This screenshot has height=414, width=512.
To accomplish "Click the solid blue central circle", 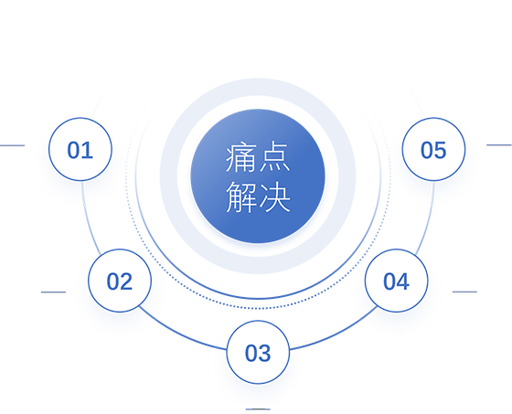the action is point(258,176).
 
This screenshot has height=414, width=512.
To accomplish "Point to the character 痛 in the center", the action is point(241,157).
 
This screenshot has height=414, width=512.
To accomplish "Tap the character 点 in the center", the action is point(274,157).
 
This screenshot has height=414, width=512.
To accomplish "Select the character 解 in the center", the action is point(241,197).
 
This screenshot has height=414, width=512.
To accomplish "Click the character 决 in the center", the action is point(274,197).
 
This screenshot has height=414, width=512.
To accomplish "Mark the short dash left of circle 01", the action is point(12,145).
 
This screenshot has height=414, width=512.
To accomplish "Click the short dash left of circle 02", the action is point(53,292).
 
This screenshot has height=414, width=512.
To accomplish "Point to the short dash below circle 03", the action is point(258,409).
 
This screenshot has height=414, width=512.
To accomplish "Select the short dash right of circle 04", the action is point(464,292).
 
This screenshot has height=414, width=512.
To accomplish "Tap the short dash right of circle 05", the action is point(499,145).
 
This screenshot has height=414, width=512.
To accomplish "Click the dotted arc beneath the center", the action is point(258,308).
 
